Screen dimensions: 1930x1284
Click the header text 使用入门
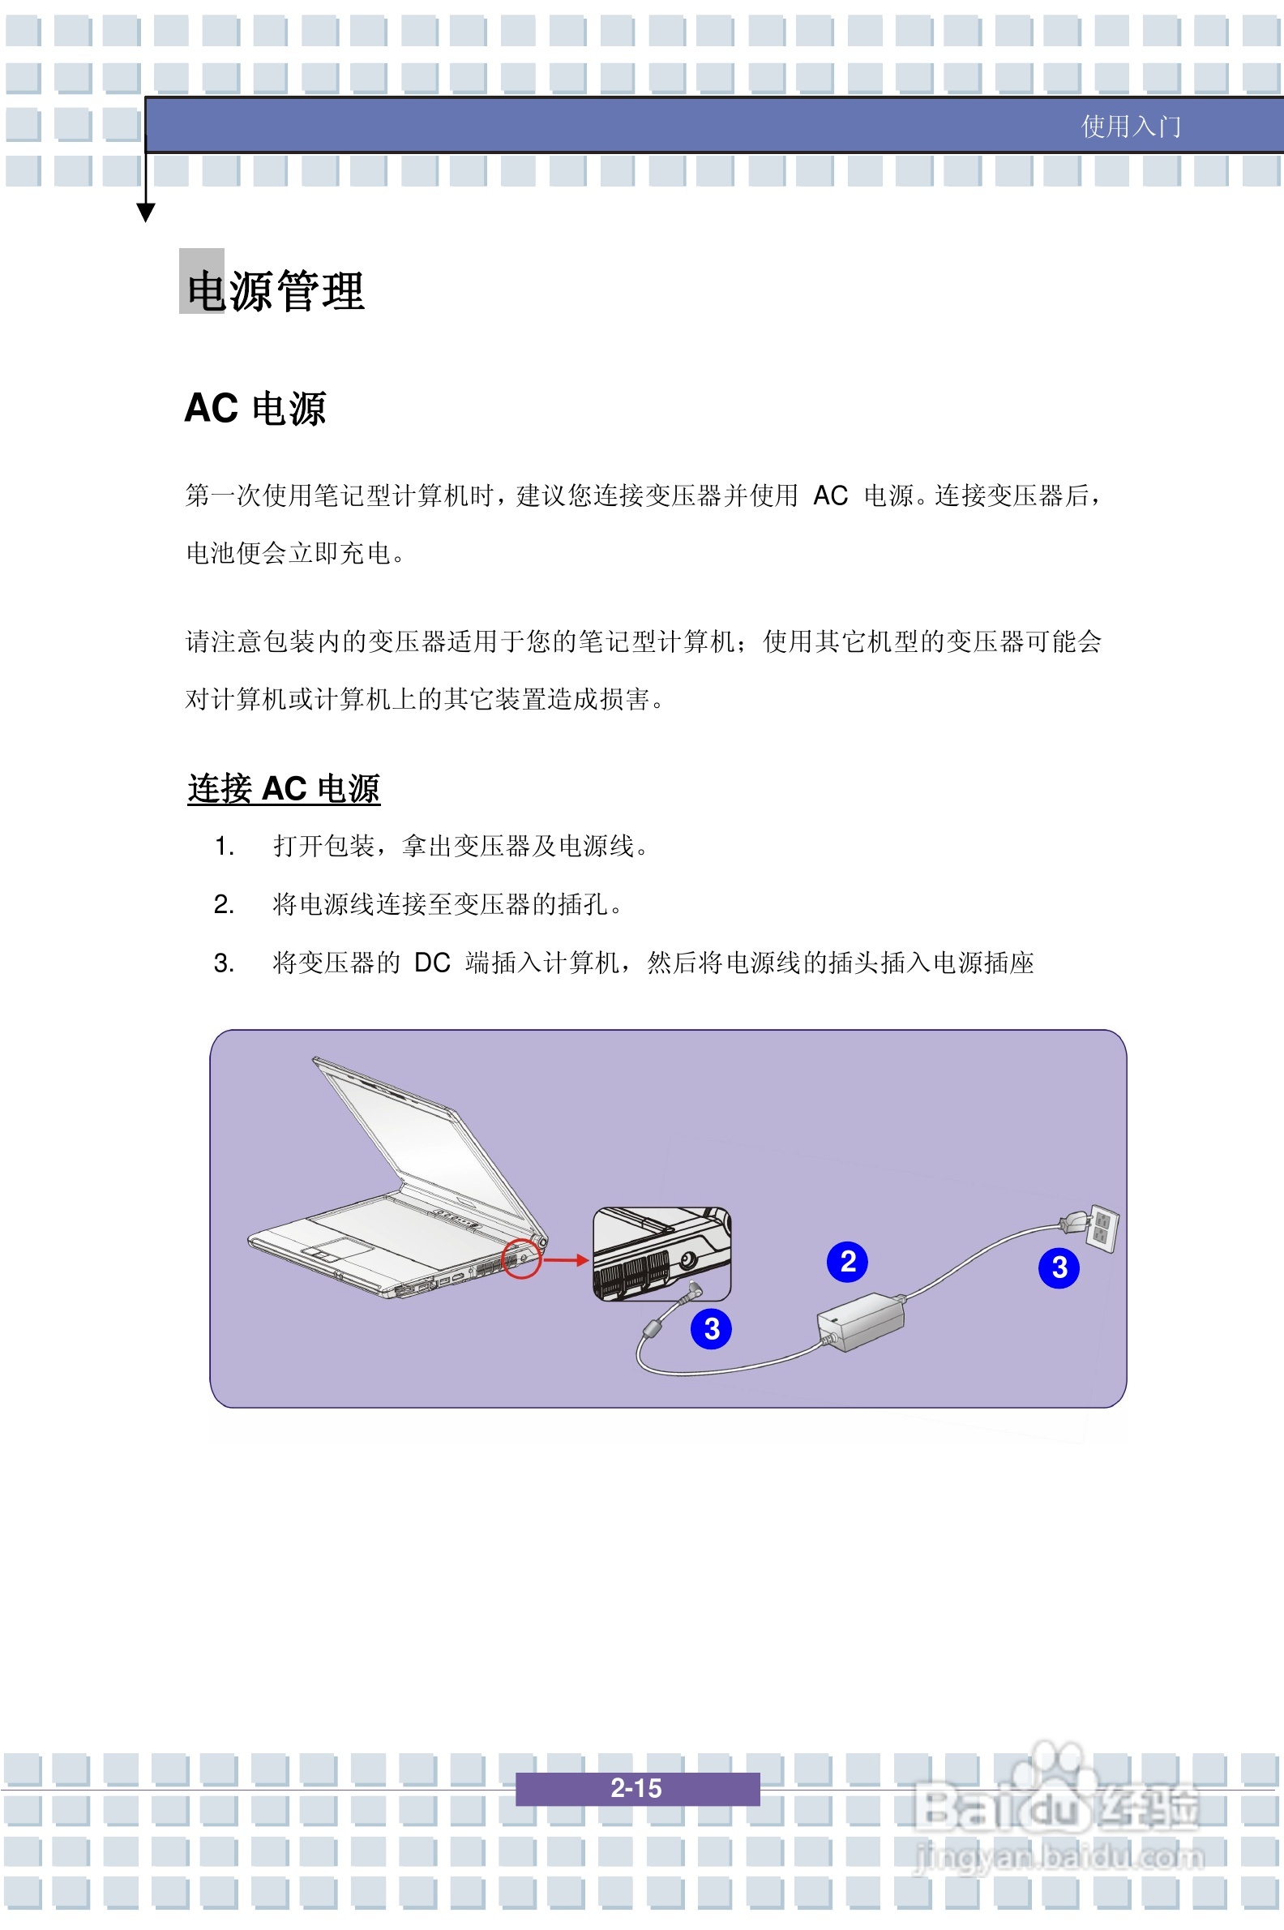point(1130,127)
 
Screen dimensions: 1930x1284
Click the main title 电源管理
point(275,291)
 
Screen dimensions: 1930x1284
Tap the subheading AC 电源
point(255,408)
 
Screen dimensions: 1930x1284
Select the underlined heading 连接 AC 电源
point(284,788)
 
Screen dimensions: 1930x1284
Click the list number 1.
point(224,847)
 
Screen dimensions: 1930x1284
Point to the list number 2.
point(224,904)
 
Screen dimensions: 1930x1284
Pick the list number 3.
point(224,963)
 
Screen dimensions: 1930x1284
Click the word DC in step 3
point(432,963)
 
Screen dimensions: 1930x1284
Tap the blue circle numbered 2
point(848,1262)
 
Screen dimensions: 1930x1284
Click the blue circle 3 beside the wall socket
point(1059,1267)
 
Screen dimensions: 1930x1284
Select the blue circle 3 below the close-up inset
point(711,1329)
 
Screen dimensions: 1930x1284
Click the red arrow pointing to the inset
point(566,1260)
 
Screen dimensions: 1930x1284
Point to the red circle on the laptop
point(520,1258)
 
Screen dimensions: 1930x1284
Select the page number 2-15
point(636,1788)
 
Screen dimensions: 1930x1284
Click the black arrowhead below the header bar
point(146,213)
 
